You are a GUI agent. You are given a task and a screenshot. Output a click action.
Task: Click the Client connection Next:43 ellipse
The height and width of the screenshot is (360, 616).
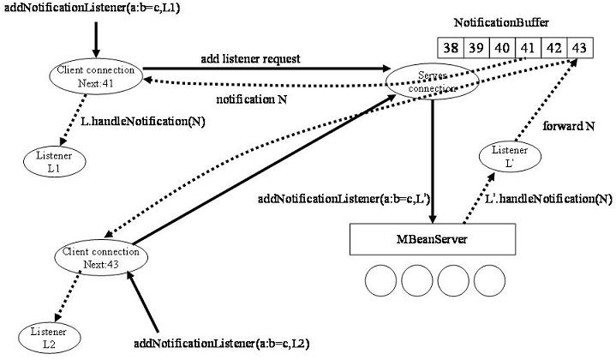[100, 258]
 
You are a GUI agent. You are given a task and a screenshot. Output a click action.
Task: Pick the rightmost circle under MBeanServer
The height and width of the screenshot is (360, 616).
[491, 282]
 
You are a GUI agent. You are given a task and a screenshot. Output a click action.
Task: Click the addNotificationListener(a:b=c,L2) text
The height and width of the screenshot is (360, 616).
[222, 344]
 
